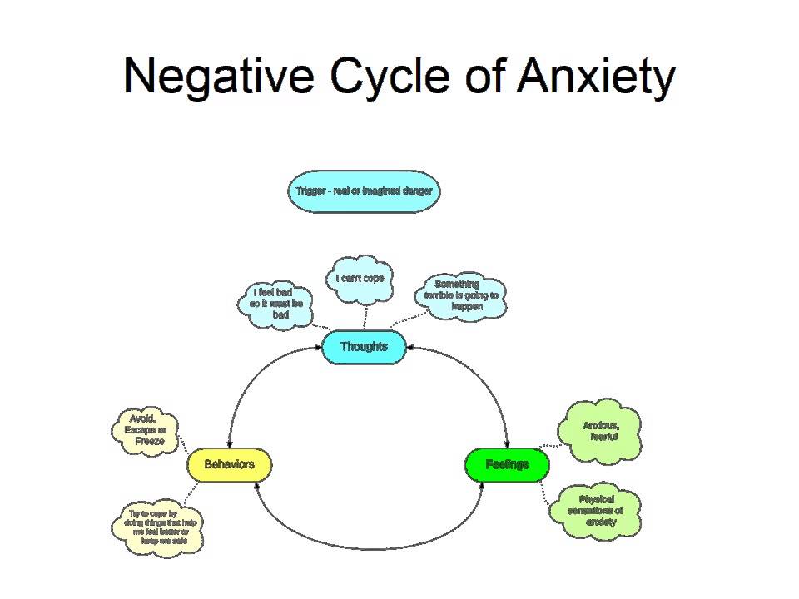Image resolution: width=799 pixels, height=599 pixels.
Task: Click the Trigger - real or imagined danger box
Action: coord(364,191)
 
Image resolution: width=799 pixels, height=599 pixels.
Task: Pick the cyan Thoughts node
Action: coord(364,347)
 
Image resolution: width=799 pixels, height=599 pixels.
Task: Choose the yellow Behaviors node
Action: coord(229,464)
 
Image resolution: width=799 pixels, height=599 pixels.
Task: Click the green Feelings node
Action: coord(507,464)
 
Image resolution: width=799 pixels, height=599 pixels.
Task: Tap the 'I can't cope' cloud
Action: coord(360,279)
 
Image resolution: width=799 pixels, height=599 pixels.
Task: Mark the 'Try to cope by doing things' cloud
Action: coord(158,528)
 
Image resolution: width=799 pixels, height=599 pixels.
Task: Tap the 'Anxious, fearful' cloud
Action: coord(601,431)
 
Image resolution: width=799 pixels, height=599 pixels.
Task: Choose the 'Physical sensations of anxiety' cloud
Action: coord(597,511)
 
